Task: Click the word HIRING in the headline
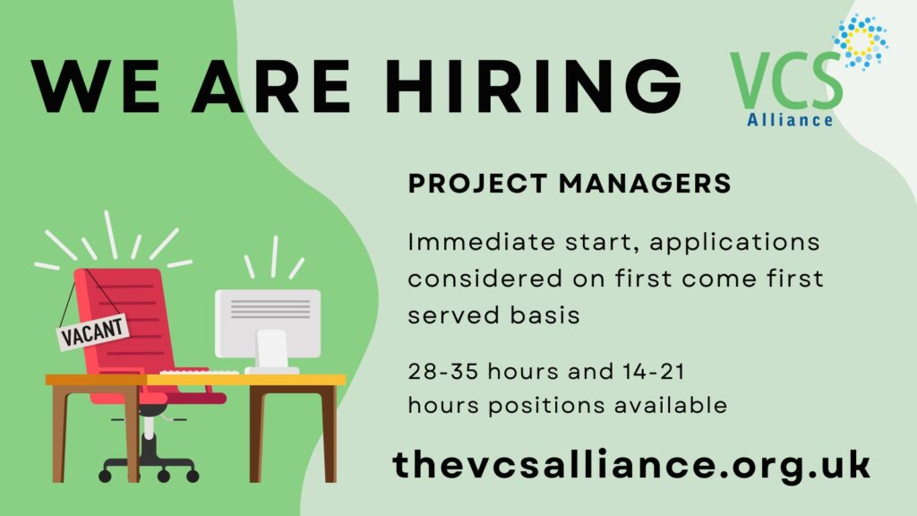533,85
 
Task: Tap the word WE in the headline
95,85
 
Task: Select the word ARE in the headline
271,85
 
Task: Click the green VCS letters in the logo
786,81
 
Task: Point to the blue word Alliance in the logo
790,120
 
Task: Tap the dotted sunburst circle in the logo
861,41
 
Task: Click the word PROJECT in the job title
477,184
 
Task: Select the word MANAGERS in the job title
645,184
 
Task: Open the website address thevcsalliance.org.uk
631,466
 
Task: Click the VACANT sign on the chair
93,331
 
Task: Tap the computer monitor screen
268,322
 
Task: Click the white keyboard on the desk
200,372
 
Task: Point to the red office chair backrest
124,322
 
